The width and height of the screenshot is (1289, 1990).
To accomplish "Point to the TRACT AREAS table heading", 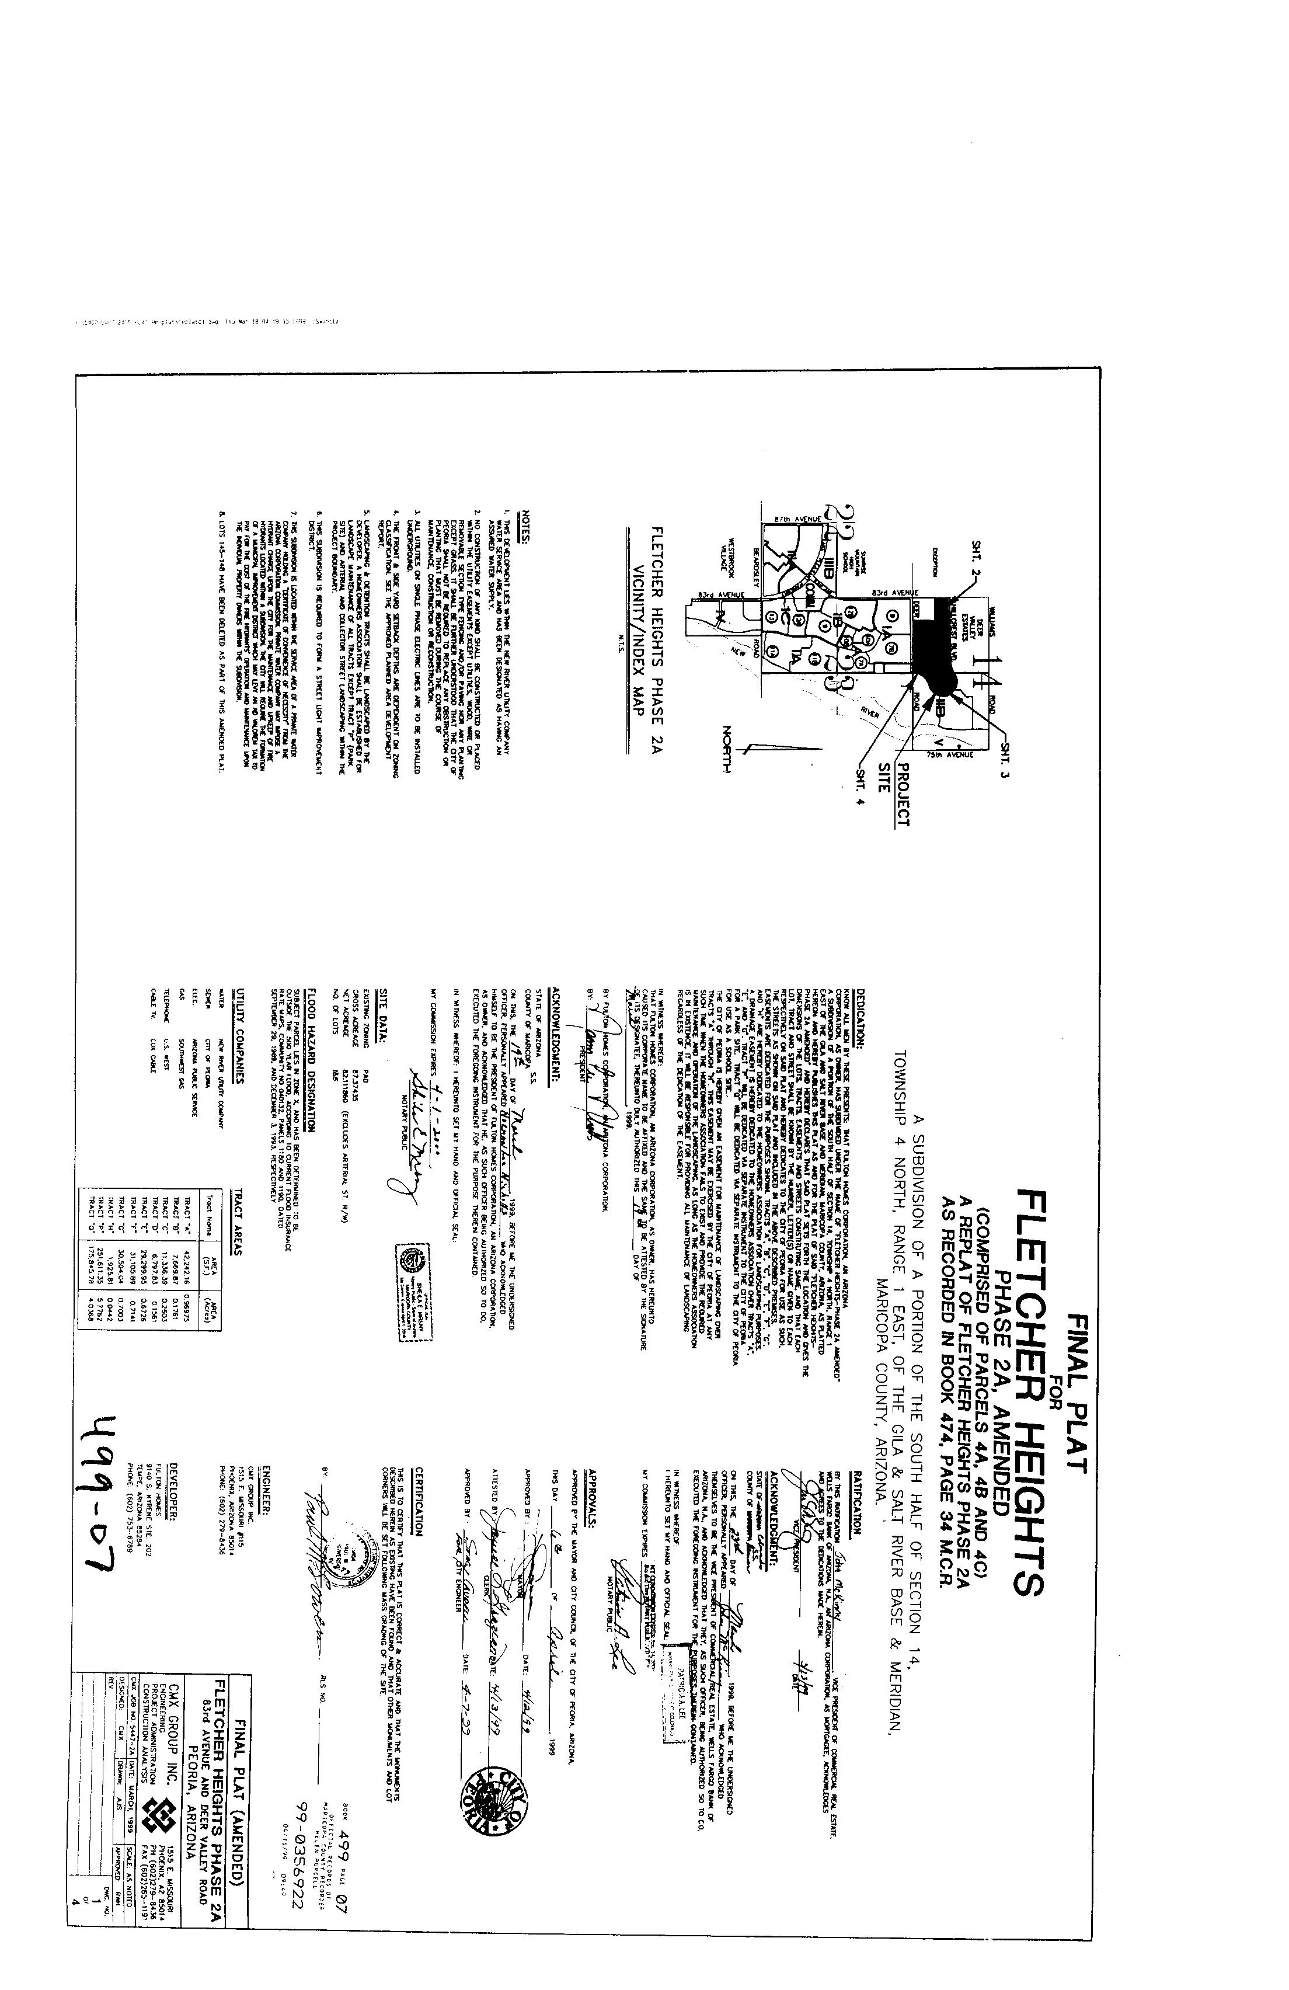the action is pyautogui.click(x=238, y=1212).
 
